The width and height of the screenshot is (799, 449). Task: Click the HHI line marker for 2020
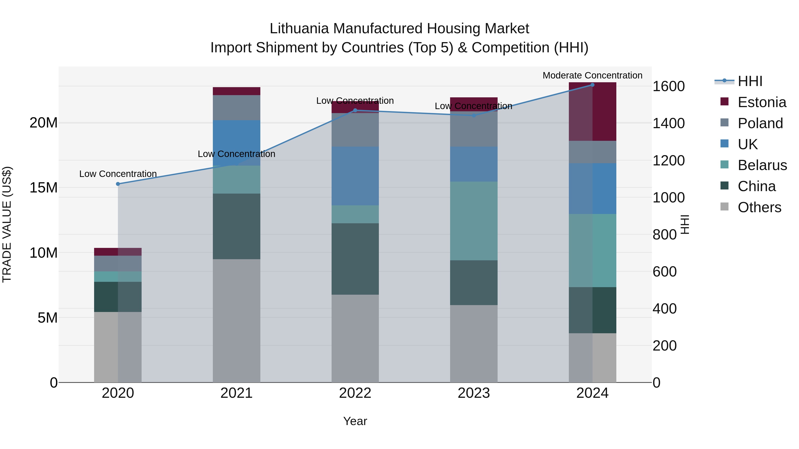118,184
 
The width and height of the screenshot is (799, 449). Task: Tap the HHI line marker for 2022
355,110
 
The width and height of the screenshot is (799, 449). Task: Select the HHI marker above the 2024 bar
592,85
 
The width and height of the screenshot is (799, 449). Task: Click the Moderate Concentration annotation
592,75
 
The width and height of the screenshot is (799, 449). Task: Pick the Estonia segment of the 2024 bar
592,112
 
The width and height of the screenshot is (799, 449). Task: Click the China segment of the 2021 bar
236,226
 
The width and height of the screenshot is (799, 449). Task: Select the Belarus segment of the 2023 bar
474,221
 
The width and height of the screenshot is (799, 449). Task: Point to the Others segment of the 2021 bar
236,321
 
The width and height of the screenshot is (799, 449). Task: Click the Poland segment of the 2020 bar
118,263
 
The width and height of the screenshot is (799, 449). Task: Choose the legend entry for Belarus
762,165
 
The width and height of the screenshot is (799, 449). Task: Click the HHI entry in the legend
750,81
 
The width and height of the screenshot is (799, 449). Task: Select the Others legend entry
759,207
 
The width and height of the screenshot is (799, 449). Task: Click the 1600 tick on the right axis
669,86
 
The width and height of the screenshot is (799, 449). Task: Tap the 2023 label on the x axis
474,393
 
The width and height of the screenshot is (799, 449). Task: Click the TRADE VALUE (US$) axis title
7,224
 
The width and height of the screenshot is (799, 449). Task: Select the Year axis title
355,421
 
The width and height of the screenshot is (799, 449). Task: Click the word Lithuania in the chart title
299,29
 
